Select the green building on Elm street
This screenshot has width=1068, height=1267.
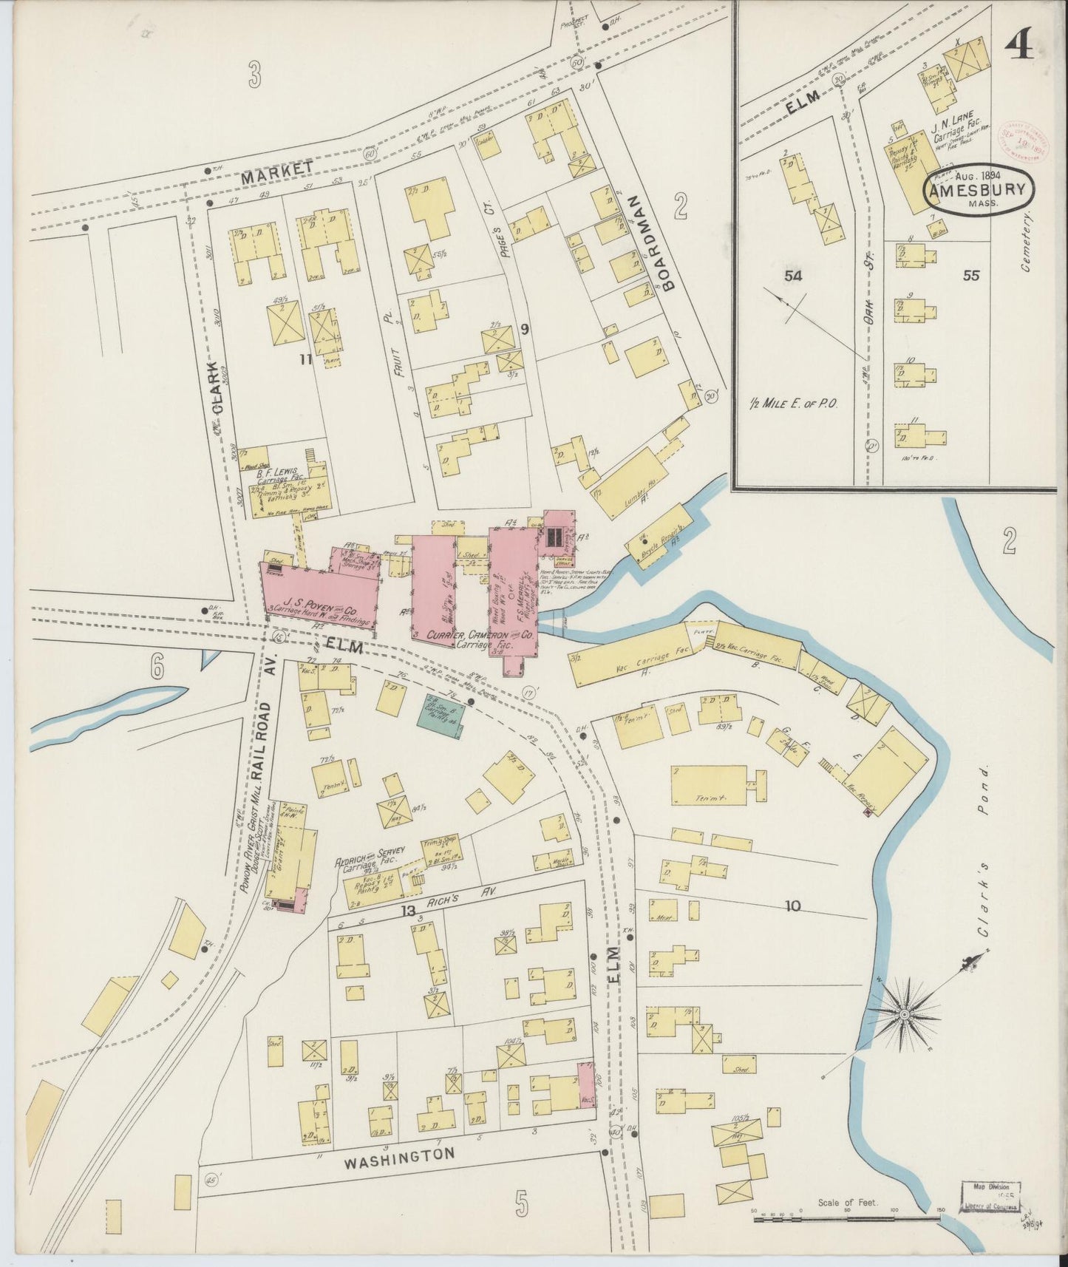coord(442,713)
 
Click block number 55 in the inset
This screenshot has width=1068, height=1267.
coord(970,275)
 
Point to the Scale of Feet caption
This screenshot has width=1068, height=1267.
coord(848,1203)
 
